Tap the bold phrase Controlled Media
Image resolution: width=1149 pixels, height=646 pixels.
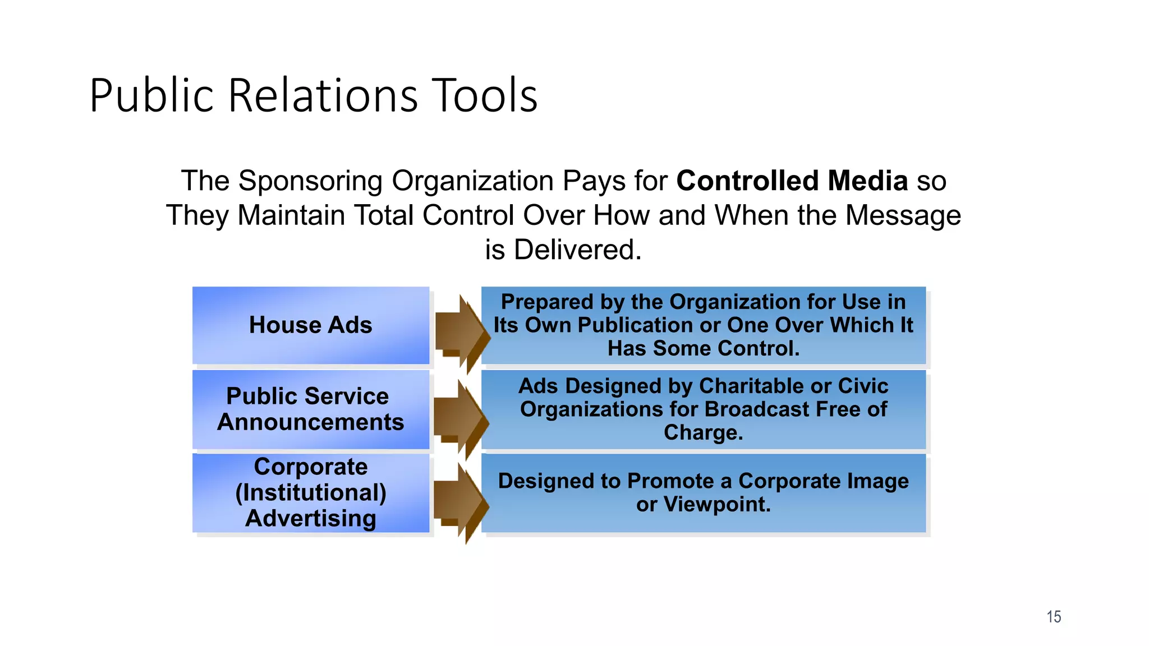pos(792,181)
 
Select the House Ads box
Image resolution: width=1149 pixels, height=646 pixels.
pos(310,325)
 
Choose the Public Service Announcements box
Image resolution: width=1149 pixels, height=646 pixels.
pos(310,409)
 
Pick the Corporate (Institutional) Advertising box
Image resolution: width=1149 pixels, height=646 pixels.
pos(310,492)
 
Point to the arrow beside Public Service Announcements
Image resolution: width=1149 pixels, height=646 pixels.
pos(459,418)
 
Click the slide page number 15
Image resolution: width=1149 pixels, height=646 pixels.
pos(1054,617)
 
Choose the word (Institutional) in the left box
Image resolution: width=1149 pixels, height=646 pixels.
pos(310,492)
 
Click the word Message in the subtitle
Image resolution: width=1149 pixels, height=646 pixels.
pos(903,216)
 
